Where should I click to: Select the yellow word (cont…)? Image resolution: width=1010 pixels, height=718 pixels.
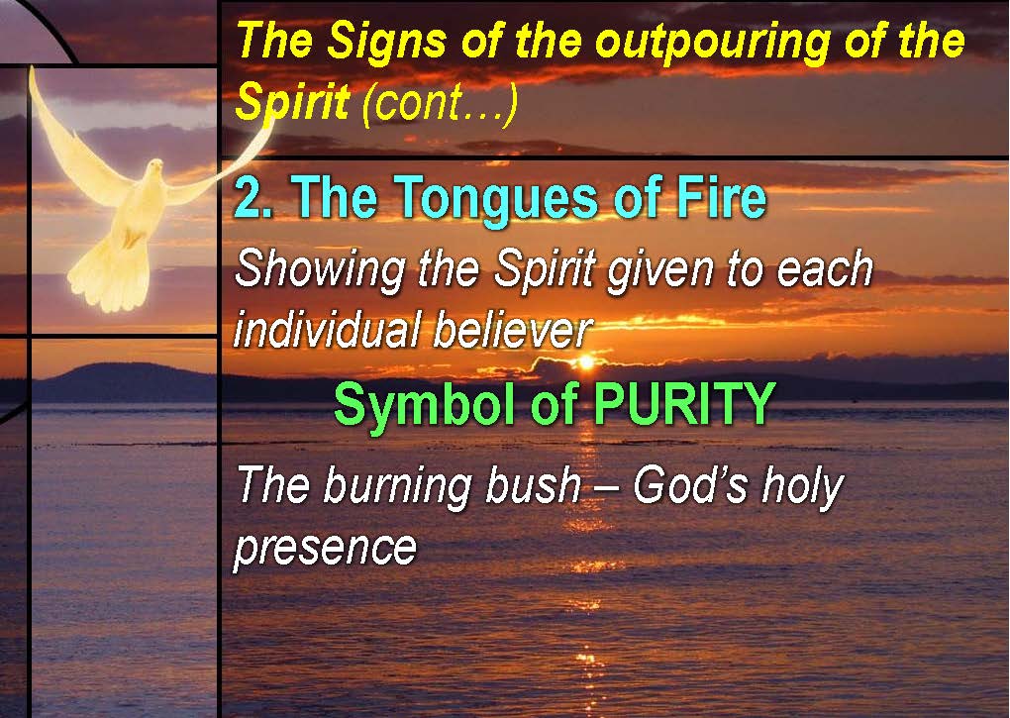pyautogui.click(x=441, y=103)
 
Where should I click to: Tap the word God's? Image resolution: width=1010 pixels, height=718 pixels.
pyautogui.click(x=689, y=484)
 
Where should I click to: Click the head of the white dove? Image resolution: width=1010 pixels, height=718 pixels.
pyautogui.click(x=153, y=170)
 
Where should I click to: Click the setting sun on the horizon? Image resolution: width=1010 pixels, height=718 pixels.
pyautogui.click(x=585, y=361)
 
